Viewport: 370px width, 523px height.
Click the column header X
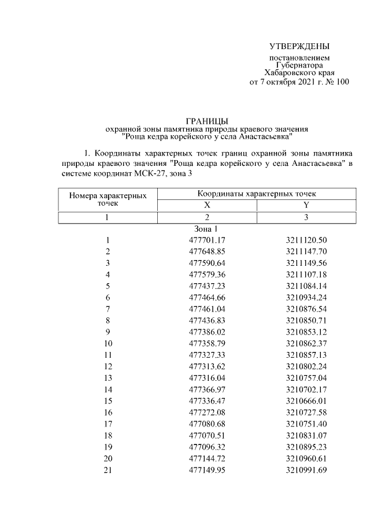(206, 205)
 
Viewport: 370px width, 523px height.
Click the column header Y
(306, 205)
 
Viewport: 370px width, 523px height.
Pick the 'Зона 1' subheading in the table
(206, 229)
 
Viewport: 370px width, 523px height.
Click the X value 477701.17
(206, 240)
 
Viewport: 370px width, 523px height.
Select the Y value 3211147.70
(306, 251)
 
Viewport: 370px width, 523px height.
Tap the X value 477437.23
(206, 286)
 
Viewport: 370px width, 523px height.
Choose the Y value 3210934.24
(306, 298)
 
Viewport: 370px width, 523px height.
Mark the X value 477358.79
(206, 343)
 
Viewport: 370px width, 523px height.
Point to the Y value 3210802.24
(306, 366)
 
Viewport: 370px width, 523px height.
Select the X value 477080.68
(206, 424)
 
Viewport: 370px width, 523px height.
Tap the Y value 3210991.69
(306, 469)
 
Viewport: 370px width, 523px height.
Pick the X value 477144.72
(206, 458)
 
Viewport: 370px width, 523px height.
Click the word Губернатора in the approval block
(299, 66)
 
